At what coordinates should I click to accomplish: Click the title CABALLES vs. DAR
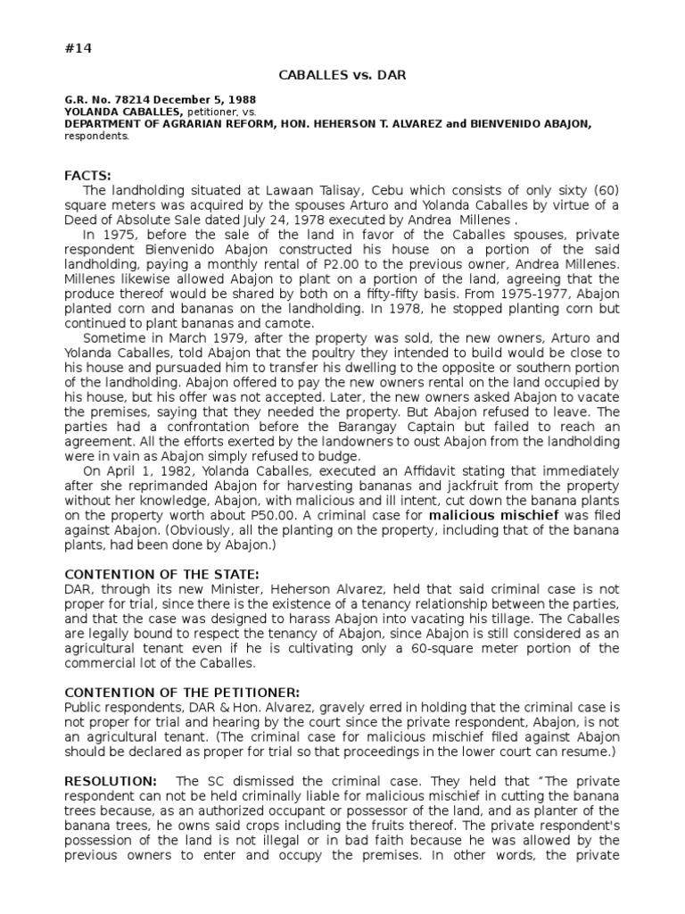[x=342, y=75]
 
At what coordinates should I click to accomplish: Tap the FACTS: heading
[x=88, y=176]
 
